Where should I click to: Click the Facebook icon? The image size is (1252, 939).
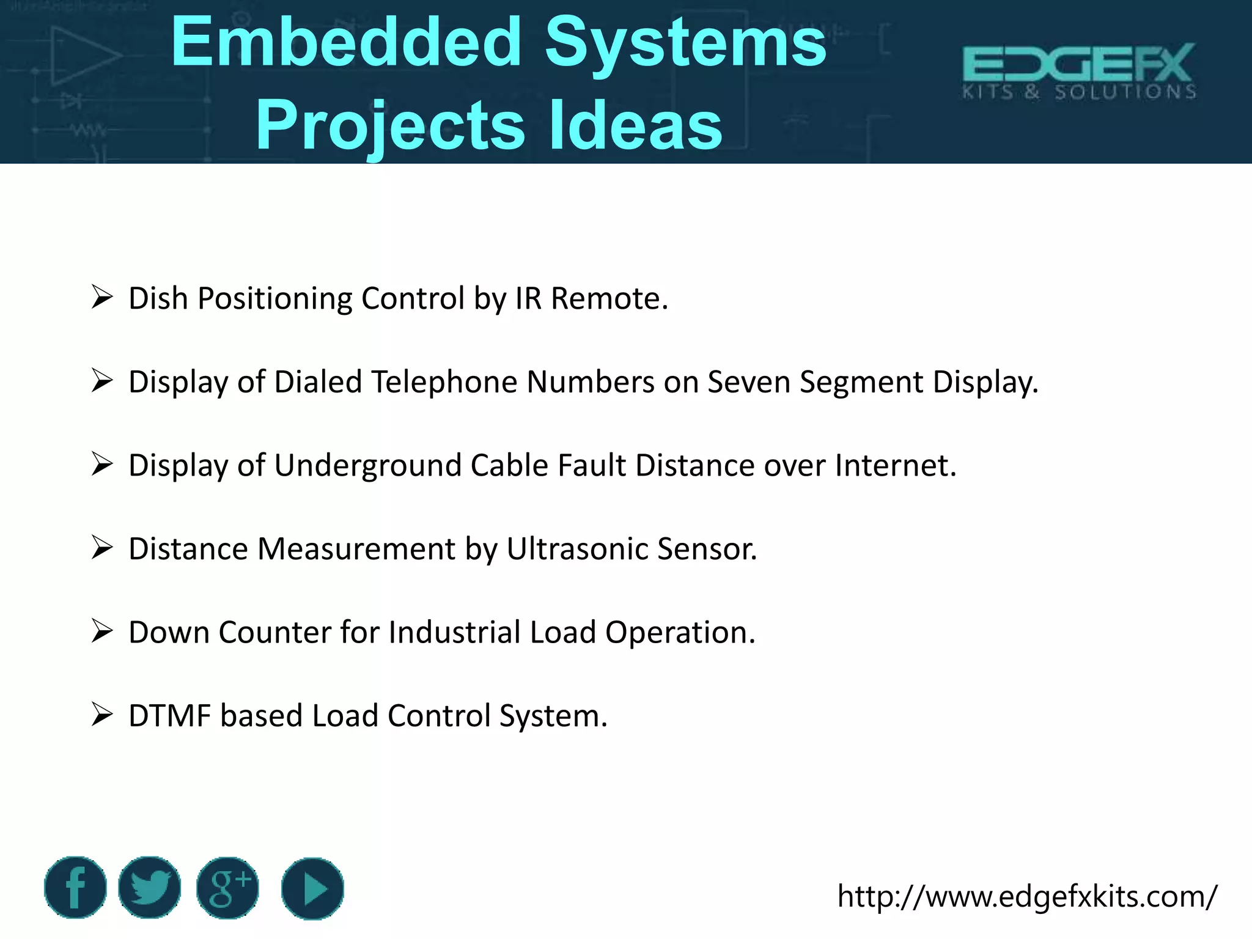click(75, 887)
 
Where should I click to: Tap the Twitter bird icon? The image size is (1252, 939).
click(150, 887)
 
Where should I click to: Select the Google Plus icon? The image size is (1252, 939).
click(227, 887)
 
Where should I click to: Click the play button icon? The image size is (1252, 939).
click(312, 888)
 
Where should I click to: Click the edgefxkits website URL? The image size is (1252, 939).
click(1027, 896)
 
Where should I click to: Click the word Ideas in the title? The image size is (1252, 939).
click(636, 125)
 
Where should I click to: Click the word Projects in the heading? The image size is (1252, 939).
click(390, 125)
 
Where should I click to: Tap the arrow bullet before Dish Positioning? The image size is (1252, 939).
click(102, 298)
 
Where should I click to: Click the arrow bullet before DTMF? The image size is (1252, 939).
click(102, 714)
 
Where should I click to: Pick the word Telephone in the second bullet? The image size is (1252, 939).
click(444, 382)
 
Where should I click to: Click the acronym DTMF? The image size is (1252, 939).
click(169, 715)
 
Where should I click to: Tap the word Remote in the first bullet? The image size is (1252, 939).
click(609, 299)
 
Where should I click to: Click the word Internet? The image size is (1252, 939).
click(895, 465)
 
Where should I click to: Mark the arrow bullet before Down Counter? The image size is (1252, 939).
click(102, 631)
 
